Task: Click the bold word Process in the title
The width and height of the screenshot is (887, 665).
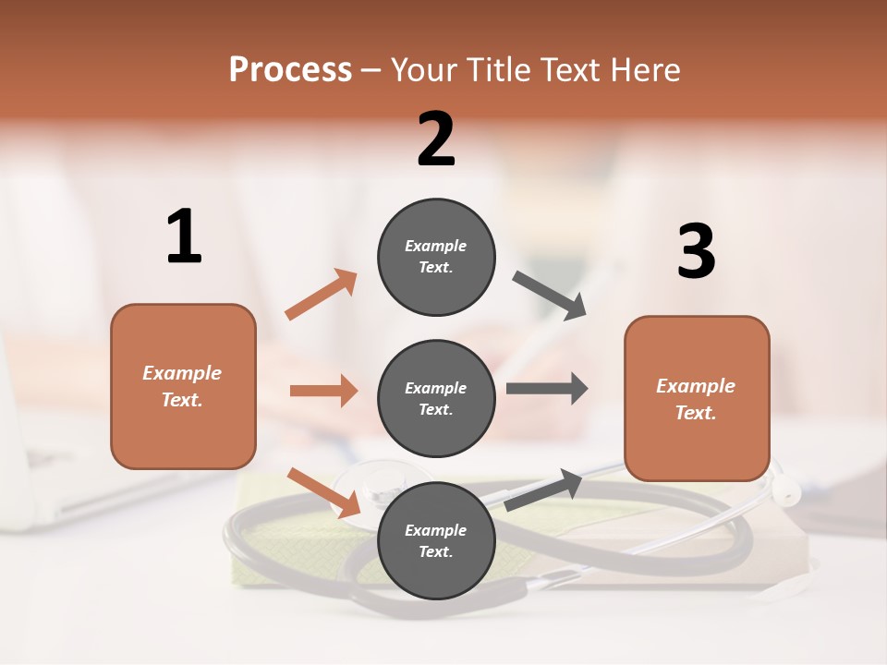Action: pos(290,69)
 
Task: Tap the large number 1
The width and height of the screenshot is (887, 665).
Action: pos(184,236)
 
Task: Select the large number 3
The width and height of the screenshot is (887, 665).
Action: pos(697,251)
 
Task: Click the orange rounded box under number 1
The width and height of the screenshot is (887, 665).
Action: pos(183,386)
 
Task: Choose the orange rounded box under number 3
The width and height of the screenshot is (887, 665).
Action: pos(697,399)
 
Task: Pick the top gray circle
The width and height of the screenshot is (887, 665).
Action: pos(436,257)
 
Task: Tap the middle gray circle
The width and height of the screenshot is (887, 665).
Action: pos(436,398)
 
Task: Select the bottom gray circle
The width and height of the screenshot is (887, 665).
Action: pos(436,540)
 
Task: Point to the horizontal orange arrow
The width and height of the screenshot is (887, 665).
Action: pos(323,391)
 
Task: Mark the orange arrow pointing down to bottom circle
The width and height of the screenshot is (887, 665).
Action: pos(323,492)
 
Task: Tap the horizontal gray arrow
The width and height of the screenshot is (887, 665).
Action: pos(547,388)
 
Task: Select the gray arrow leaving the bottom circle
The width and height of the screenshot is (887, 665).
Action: pos(543,490)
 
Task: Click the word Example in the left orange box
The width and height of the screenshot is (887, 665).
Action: pos(182,373)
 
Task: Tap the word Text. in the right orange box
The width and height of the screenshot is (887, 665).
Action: pos(696,413)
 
